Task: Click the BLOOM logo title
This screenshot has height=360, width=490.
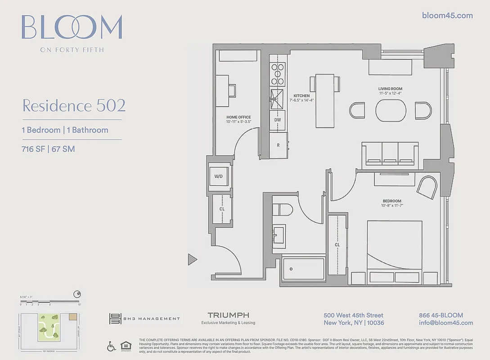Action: coord(72,28)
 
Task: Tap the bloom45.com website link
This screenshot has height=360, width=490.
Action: coord(447,15)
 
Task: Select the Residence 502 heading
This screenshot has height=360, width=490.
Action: coord(74,106)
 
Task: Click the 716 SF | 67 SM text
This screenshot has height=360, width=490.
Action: coord(48,149)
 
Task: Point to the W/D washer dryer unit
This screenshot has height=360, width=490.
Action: coord(218,176)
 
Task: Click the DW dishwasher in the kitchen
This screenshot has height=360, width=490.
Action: coord(278,120)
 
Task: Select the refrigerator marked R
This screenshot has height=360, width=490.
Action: coord(278,145)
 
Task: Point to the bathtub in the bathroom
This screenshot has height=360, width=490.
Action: coord(304,269)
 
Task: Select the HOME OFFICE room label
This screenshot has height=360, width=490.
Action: coord(238,117)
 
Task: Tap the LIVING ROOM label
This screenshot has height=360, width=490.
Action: coord(390,89)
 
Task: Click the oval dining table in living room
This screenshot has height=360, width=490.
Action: coord(391,110)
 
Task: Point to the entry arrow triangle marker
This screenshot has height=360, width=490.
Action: coord(193,259)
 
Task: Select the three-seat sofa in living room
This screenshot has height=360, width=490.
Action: coord(390,153)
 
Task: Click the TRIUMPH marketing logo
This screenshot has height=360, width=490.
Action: coord(228,315)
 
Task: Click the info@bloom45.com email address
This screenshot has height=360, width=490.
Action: coord(445,323)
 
